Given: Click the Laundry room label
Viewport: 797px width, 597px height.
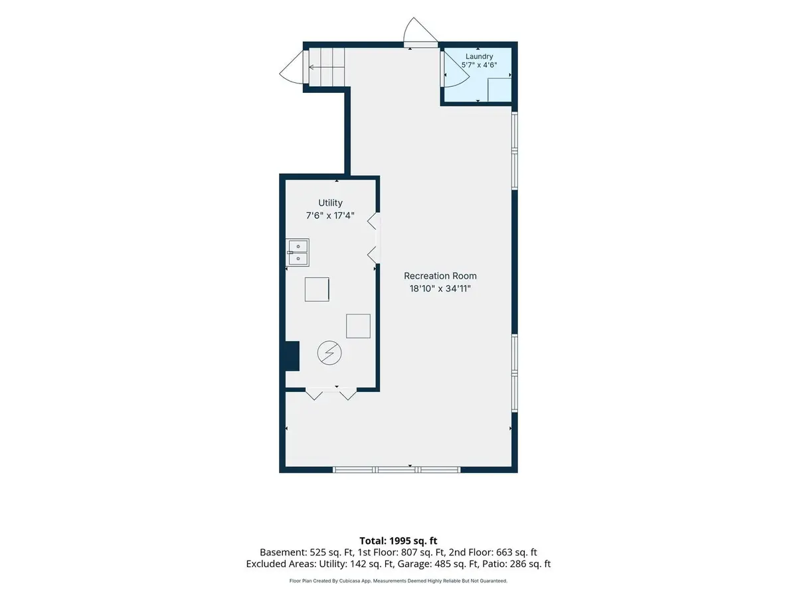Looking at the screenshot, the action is (x=479, y=56).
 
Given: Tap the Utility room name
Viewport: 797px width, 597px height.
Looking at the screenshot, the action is (x=330, y=202).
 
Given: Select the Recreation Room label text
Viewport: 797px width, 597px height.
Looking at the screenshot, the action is (x=440, y=276).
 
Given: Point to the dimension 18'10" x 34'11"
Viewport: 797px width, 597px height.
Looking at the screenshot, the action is (x=440, y=289).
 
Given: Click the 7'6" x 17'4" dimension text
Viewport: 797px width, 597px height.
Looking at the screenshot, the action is (x=330, y=216).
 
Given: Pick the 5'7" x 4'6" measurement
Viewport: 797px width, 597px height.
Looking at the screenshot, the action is (x=479, y=65).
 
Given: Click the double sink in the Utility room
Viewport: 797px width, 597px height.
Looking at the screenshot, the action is (x=298, y=252).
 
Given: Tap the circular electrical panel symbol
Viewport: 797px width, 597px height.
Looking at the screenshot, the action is (x=329, y=353).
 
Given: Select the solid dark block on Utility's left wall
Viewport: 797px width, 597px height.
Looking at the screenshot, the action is (x=292, y=356).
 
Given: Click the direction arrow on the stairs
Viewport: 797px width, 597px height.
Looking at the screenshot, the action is (x=326, y=67).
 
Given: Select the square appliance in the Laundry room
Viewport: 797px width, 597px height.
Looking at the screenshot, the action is (x=499, y=90).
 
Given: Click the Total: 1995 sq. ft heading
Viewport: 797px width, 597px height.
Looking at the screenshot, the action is (x=398, y=541).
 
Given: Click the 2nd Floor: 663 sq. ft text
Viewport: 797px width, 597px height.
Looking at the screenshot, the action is (x=493, y=552).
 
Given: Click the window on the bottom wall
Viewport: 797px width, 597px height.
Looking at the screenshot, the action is (x=397, y=470).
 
